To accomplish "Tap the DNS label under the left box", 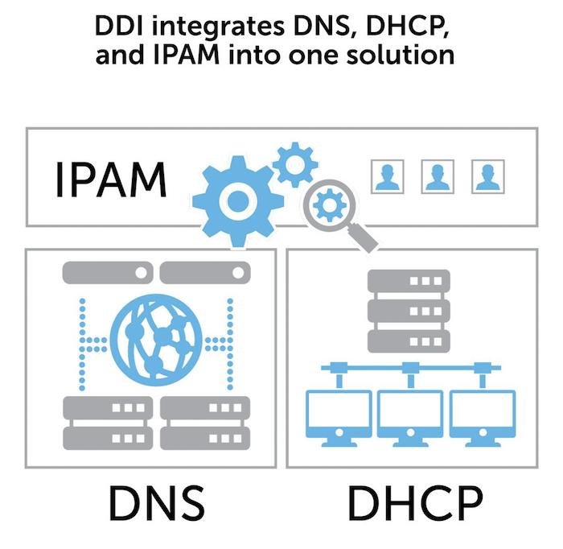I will click(155, 502).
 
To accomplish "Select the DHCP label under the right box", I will click(415, 502).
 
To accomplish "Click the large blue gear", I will click(235, 200).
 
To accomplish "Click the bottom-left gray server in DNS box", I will click(105, 424).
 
